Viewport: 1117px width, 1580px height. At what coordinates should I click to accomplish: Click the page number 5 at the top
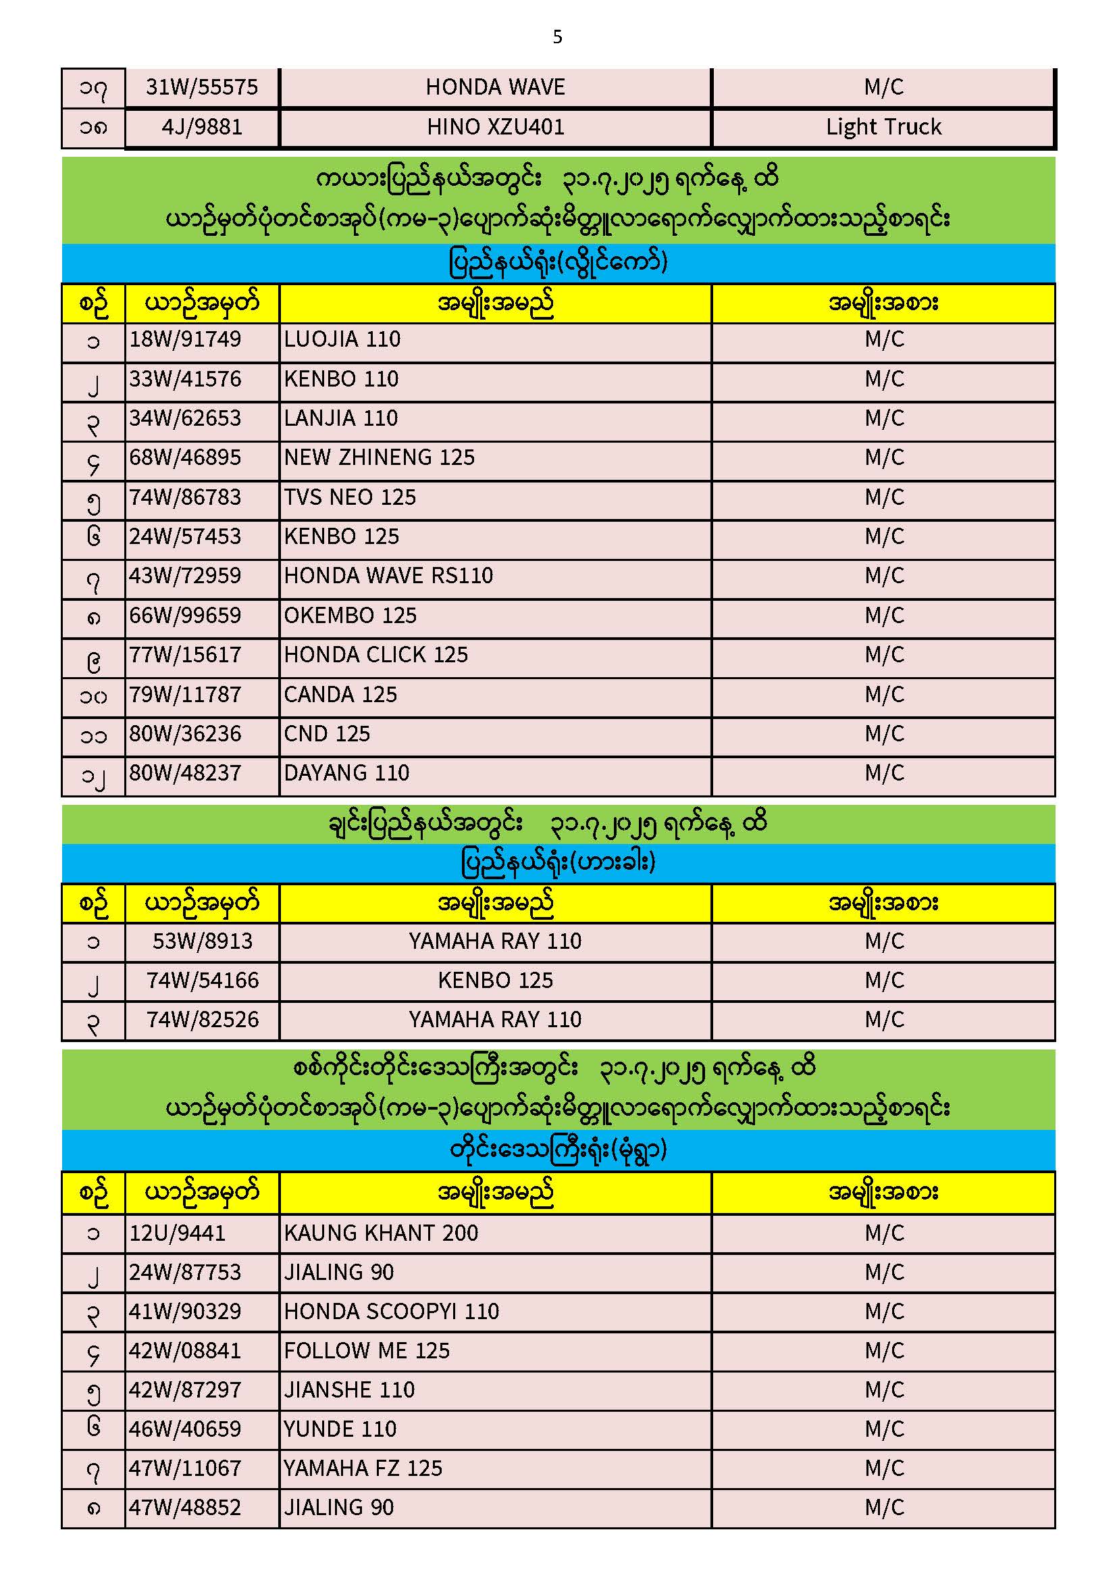(557, 37)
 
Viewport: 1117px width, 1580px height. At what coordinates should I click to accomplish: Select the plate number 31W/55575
(201, 87)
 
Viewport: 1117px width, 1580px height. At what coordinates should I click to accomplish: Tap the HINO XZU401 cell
(495, 127)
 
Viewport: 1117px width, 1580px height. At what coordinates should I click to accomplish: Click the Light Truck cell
(883, 127)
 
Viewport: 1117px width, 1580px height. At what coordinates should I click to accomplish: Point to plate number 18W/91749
(186, 339)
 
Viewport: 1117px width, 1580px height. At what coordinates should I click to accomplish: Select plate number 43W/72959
(186, 576)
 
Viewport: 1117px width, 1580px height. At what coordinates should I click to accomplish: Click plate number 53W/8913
(202, 941)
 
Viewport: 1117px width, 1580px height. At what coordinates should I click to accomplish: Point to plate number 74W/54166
(202, 981)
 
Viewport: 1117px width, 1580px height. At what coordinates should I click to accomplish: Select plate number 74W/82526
(202, 1020)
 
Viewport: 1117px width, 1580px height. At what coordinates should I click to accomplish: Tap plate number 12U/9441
(178, 1233)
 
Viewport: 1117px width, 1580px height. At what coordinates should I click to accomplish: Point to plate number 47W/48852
(186, 1508)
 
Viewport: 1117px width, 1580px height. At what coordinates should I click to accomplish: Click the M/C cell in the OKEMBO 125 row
(884, 616)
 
